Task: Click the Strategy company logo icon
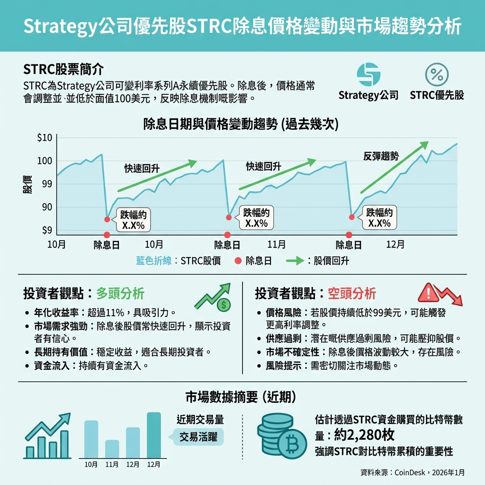pos(368,75)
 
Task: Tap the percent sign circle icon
pos(437,75)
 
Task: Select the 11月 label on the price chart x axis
pos(276,245)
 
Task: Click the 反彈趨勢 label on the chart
pos(381,156)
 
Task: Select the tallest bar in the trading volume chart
pos(154,435)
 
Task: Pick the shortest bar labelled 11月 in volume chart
pos(112,449)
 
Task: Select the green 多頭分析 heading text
pos(120,294)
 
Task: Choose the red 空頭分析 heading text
pos(352,294)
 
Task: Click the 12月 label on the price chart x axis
pos(395,245)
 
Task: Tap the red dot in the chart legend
pos(238,261)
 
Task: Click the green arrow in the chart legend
pos(294,261)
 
